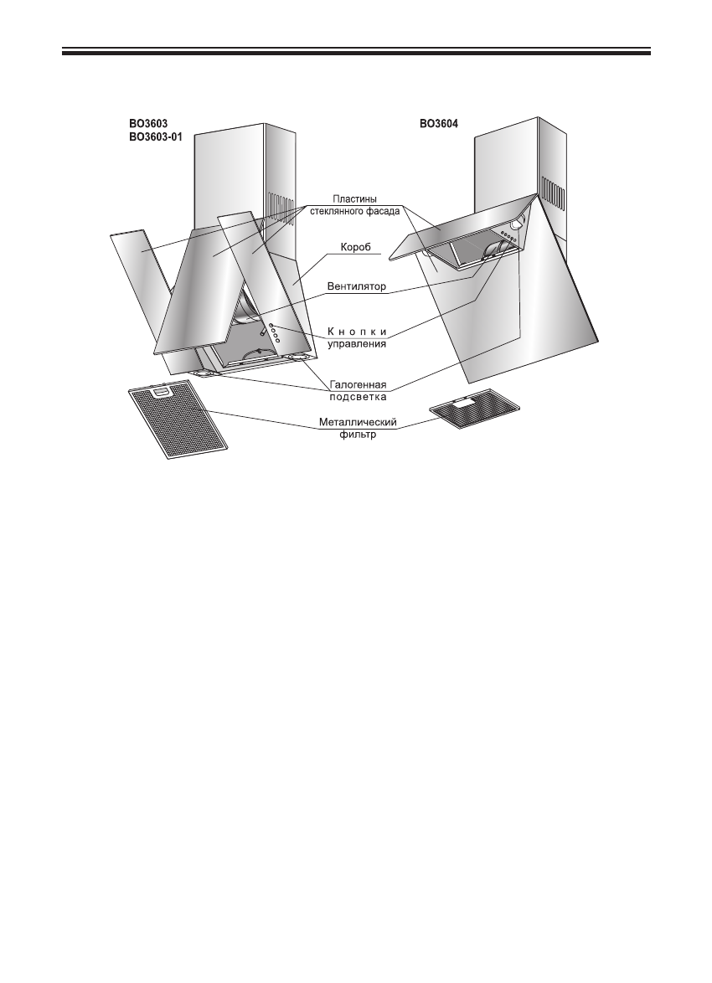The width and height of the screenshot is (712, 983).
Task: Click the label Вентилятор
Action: pyautogui.click(x=357, y=286)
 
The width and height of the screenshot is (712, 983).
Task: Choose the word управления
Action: pyautogui.click(x=357, y=343)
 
